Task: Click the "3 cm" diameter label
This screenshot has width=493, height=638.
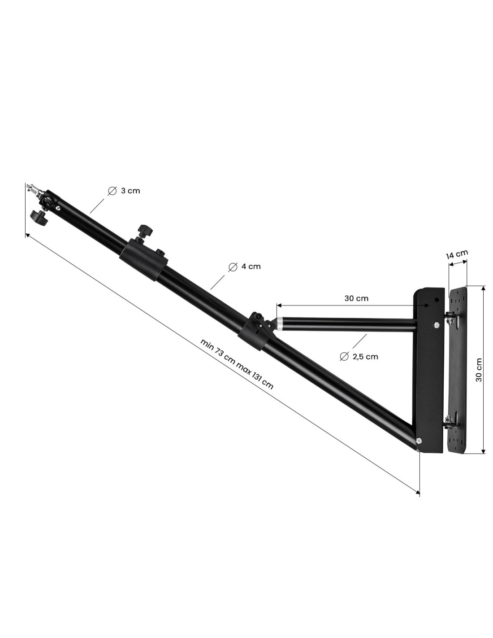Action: click(x=130, y=191)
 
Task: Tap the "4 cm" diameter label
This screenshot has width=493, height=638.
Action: click(x=251, y=267)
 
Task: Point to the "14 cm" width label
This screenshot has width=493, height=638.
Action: click(x=457, y=254)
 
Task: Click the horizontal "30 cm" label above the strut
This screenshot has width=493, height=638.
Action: click(x=356, y=299)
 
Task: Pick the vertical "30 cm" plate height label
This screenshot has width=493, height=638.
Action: click(x=479, y=370)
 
